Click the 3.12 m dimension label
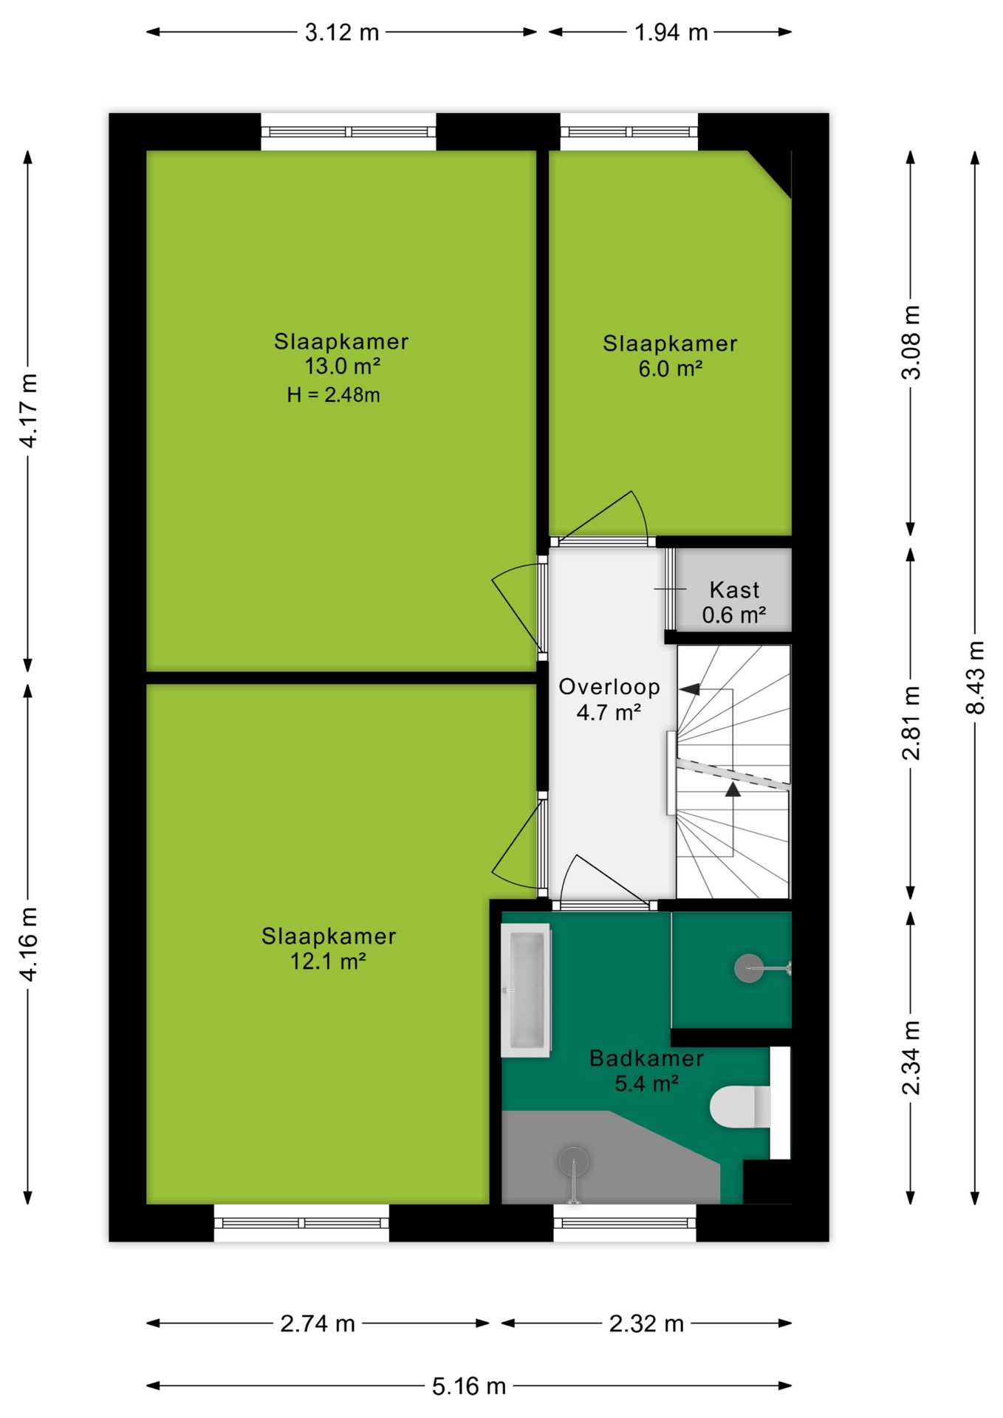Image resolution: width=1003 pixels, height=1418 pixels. coord(342,32)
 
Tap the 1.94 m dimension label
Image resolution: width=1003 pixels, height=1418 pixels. coord(671,32)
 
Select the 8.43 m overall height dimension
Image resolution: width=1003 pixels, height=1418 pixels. coord(976,677)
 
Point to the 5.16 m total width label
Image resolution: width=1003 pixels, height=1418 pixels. coord(469,1386)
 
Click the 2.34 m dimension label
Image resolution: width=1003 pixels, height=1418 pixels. coord(911,1057)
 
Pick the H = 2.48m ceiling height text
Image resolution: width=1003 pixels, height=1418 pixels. coord(334,395)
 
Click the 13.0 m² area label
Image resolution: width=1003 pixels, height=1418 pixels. coord(342,366)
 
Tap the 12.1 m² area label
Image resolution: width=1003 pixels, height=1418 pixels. coord(328,961)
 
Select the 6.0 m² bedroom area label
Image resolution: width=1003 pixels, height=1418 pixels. coord(670,368)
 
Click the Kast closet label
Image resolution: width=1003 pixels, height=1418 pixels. coord(734,589)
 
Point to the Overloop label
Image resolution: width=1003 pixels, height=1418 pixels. coord(609,687)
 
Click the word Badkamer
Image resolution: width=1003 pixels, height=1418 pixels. coord(646,1058)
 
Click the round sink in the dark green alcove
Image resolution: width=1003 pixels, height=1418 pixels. coord(749,967)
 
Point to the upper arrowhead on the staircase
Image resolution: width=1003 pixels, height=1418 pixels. coord(689,690)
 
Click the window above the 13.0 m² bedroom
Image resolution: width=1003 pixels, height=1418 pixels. coord(349,132)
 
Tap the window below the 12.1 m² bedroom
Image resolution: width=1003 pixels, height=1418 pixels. coord(301,1223)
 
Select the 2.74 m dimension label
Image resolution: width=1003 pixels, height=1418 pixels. coord(318,1323)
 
